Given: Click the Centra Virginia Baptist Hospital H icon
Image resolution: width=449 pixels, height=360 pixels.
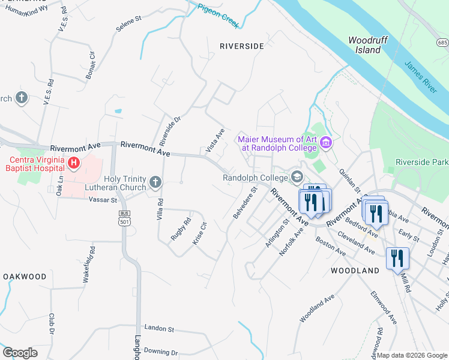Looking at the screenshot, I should coord(73,163).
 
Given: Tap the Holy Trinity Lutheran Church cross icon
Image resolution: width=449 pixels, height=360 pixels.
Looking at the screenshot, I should coord(155,182).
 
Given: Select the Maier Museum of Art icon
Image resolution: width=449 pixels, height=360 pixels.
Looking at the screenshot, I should coord(326,143).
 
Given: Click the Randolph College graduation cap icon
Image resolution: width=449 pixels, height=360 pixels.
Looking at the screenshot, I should coord(297,177).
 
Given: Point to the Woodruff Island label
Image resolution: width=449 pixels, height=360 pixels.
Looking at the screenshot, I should coord(364,45).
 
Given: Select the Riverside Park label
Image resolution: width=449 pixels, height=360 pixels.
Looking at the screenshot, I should coord(422,163).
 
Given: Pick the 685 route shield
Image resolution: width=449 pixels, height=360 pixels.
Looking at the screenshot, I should coord(443,43).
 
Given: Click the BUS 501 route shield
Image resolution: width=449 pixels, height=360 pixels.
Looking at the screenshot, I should coord(124,218).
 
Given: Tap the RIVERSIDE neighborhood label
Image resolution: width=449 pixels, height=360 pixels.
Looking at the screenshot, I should coord(241,46).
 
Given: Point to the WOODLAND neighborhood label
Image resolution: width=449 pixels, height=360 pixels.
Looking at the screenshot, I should coord(355,271).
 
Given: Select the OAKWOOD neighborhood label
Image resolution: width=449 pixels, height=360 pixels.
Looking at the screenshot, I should coord(25,277).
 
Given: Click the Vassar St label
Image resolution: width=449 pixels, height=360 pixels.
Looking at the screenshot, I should coord(105,199).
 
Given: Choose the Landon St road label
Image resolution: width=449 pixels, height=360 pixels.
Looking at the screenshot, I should coord(158,329).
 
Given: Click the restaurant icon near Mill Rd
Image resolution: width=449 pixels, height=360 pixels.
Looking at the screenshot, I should coord(397,259).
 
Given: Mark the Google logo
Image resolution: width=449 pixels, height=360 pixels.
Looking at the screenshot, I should coord(20,353).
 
